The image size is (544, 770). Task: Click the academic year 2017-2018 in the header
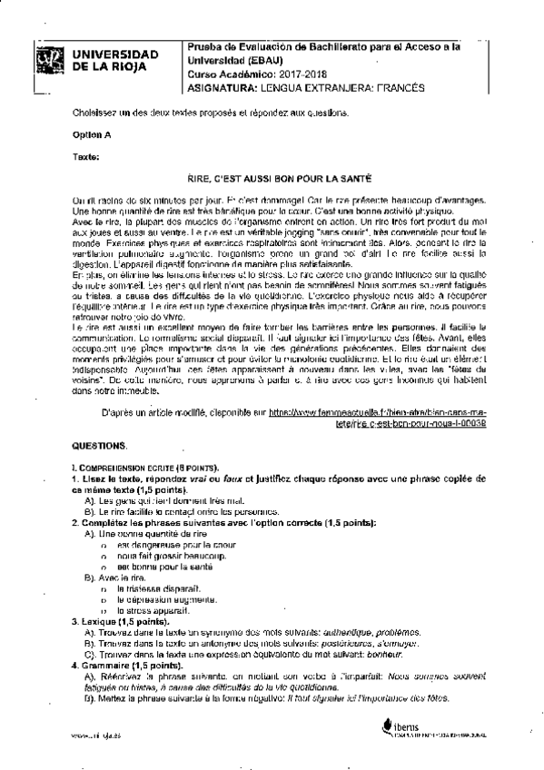277,74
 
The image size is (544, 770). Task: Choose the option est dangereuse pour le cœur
163,544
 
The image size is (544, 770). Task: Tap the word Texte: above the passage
85,156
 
